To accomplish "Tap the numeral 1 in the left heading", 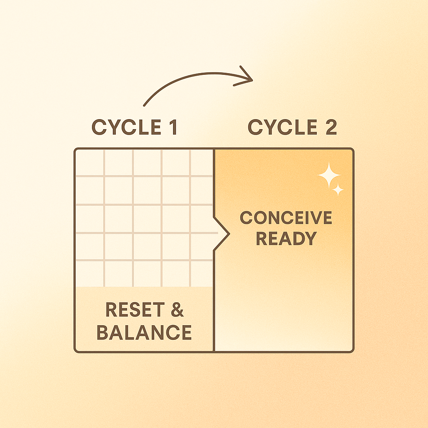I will click(172, 127).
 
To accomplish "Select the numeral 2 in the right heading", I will click(331, 127).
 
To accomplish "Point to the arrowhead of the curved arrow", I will click(247, 79).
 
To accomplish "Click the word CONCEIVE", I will click(286, 218).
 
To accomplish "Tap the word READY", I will click(286, 239).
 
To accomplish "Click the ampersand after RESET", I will click(177, 310).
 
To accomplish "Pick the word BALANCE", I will click(144, 332).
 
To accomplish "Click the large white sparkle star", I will click(329, 175).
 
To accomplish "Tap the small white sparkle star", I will click(338, 190).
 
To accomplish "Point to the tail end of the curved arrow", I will click(145, 105).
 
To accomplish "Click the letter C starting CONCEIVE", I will click(247, 218).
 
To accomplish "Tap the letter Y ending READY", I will click(310, 239).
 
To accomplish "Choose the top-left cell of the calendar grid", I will click(89, 163).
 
